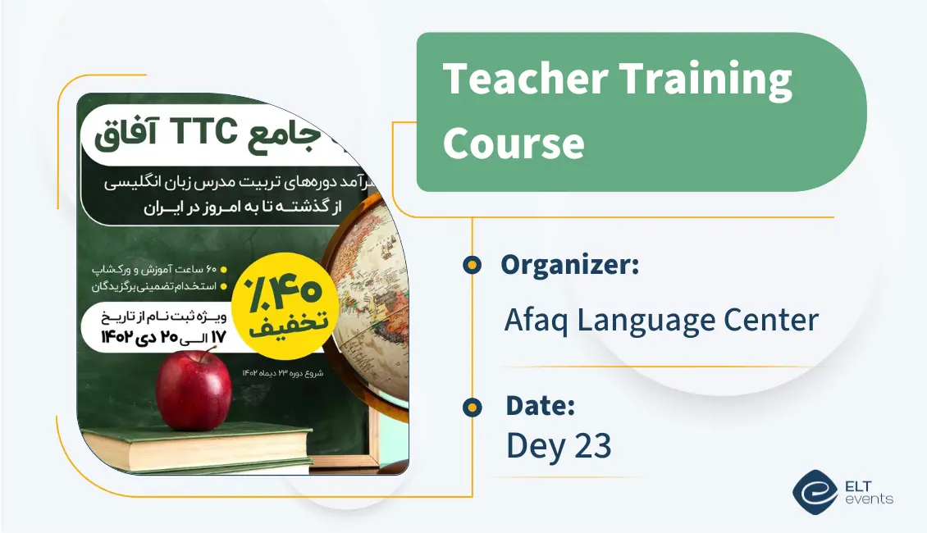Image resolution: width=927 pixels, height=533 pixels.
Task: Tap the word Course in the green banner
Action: coord(514,142)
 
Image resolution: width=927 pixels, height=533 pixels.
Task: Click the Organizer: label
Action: coord(570,265)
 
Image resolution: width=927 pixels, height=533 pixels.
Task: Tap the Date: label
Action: coord(540,405)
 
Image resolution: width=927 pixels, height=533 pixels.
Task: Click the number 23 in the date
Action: coord(588,446)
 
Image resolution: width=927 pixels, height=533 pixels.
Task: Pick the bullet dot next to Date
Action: coord(472,405)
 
